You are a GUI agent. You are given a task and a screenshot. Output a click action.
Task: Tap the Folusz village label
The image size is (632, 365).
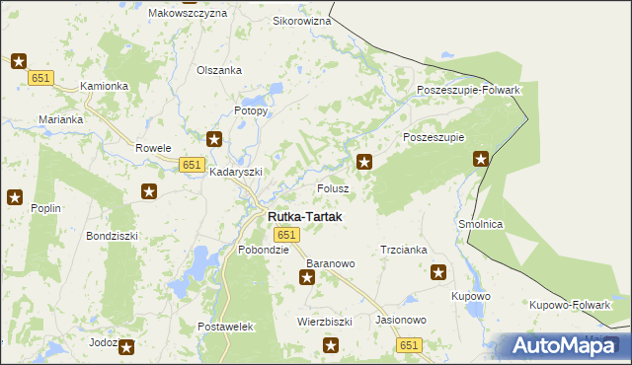[333, 187]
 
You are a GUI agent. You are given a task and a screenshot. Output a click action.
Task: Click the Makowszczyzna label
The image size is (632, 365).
[187, 14]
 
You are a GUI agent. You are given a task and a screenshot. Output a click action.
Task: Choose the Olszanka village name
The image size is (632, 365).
[219, 70]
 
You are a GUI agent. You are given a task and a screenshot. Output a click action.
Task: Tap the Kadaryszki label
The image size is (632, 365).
[236, 171]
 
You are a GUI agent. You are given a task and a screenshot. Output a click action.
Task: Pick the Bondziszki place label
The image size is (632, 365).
[112, 237]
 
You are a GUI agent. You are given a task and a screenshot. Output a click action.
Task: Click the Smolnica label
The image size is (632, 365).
[481, 224]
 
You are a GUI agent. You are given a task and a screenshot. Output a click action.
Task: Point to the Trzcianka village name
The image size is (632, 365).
[404, 250]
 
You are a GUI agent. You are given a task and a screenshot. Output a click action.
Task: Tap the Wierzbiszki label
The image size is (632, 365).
[325, 322]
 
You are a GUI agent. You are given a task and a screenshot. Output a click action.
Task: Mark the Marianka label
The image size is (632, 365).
[61, 118]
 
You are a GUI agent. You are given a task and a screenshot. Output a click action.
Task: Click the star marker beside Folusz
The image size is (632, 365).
[364, 162]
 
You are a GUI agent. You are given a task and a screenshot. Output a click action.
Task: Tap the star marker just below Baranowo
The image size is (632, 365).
[307, 278]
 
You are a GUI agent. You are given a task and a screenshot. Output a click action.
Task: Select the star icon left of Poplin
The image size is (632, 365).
[15, 197]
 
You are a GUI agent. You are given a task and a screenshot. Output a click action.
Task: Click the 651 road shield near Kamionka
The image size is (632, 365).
[40, 78]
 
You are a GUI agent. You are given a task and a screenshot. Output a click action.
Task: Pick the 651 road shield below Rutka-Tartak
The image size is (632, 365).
[286, 235]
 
